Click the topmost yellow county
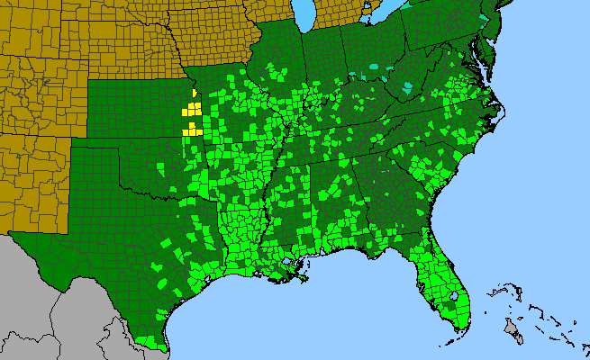(195, 93)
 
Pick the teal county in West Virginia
(410, 88)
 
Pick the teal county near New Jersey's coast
(486, 19)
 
